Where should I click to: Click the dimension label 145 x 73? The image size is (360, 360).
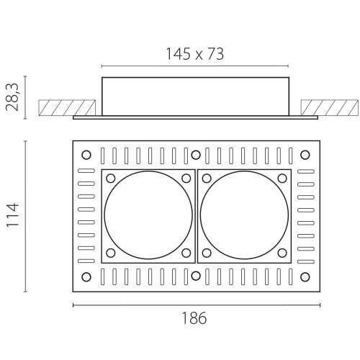[194, 54]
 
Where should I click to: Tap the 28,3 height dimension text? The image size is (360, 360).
[12, 97]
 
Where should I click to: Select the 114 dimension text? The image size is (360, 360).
[12, 215]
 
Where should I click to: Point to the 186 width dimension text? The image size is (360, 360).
[194, 318]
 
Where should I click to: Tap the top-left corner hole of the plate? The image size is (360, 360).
[86, 155]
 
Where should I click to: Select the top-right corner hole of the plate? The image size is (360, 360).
[305, 155]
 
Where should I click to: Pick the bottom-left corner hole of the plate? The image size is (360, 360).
[86, 277]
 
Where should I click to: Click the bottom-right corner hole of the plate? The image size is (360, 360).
[305, 277]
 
